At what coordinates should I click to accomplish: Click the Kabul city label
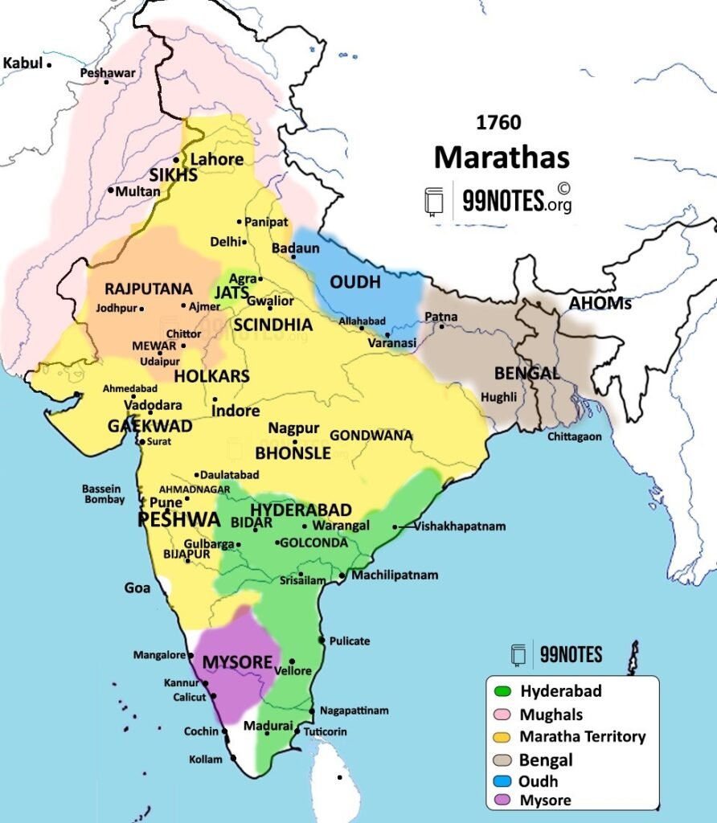[23, 63]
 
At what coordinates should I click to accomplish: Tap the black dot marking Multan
[110, 190]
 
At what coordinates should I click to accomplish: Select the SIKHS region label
[173, 176]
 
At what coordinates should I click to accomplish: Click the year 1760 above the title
[498, 123]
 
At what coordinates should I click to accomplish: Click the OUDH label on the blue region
[355, 282]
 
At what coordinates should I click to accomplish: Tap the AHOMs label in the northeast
[600, 304]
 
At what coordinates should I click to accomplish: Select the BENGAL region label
[526, 373]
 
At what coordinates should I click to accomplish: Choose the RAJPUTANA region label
[149, 289]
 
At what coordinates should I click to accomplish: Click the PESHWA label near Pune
[178, 520]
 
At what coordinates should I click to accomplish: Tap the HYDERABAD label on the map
[301, 510]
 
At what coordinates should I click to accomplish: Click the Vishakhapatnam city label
[460, 526]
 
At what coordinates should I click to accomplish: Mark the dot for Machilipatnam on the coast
[342, 575]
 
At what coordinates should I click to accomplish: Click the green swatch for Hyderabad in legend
[503, 691]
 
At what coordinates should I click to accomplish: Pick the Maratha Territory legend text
[582, 736]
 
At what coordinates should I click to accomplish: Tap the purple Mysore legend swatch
[503, 800]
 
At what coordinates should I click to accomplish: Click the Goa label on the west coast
[137, 588]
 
